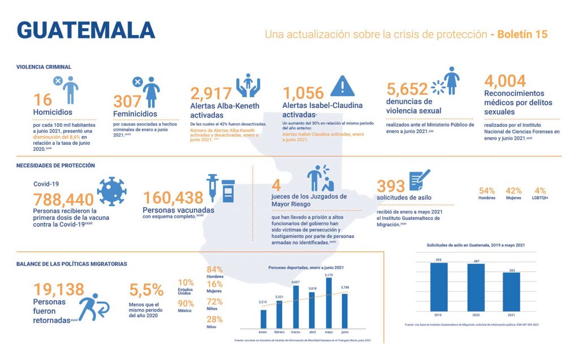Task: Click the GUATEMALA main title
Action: click(x=86, y=31)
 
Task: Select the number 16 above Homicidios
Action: click(x=42, y=99)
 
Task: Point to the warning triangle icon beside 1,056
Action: click(x=342, y=86)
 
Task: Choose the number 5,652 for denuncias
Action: click(x=407, y=90)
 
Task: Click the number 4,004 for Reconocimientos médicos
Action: click(x=505, y=81)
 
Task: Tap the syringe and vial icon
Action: click(x=221, y=189)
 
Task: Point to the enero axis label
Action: click(x=263, y=332)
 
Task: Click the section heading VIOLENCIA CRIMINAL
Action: click(x=44, y=67)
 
